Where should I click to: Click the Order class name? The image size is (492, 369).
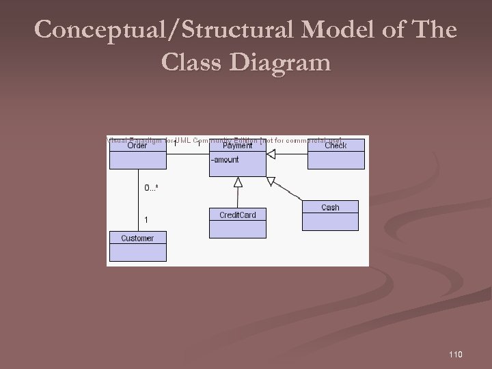pos(137,146)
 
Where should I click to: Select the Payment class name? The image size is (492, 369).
pos(237,146)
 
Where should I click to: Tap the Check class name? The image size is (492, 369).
pos(336,146)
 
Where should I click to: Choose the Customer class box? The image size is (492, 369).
pos(137,246)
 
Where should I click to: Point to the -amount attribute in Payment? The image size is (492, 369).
pos(225,160)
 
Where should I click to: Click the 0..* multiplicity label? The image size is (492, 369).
pos(151,187)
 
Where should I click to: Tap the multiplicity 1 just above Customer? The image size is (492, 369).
pos(146,219)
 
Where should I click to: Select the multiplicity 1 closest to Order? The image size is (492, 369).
pos(175,143)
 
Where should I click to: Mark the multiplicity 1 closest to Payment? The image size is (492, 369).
pos(199,143)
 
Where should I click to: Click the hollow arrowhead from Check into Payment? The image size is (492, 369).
pos(271,155)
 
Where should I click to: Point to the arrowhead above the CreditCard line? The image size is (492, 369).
pos(238,182)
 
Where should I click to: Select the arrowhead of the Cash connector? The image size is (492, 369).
pos(271,181)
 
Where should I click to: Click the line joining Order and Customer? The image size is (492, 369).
pos(137,198)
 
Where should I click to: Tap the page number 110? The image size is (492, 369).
pos(456,353)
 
